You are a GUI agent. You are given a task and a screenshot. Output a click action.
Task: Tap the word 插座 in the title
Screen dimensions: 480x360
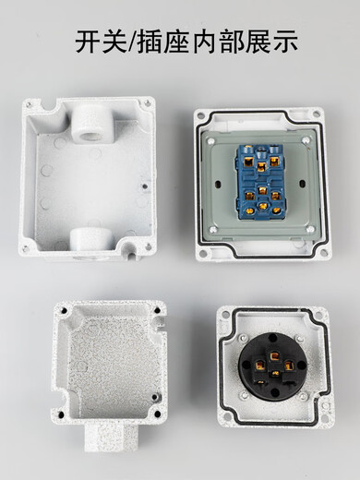coord(177,42)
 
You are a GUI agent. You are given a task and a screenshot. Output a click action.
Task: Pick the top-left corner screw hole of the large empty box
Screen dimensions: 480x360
coord(28,106)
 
